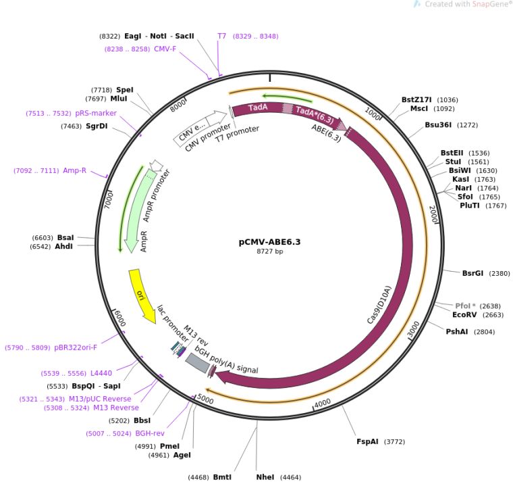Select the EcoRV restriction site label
[465, 314]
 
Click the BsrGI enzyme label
[473, 274]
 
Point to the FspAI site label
[369, 441]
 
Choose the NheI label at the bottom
[265, 477]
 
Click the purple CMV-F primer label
[165, 49]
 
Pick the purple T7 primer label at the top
[221, 36]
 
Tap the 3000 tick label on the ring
[414, 329]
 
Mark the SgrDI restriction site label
[97, 126]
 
